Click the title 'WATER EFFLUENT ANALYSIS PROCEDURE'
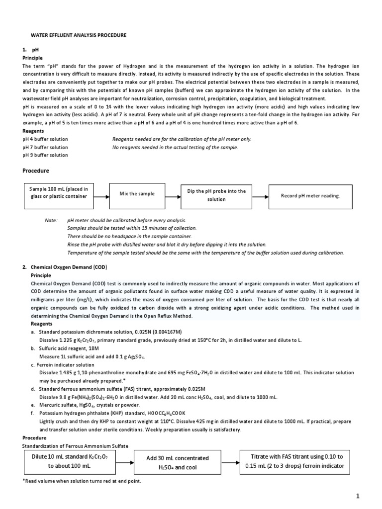point(79,35)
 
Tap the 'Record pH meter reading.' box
point(310,196)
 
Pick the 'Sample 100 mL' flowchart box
point(58,192)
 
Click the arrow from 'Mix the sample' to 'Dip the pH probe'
point(168,195)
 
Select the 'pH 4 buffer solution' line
point(45,139)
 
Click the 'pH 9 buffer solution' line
point(45,155)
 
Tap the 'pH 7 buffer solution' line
point(45,147)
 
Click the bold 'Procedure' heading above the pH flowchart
point(36,170)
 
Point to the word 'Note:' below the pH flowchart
point(51,220)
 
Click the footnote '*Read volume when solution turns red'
point(82,481)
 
